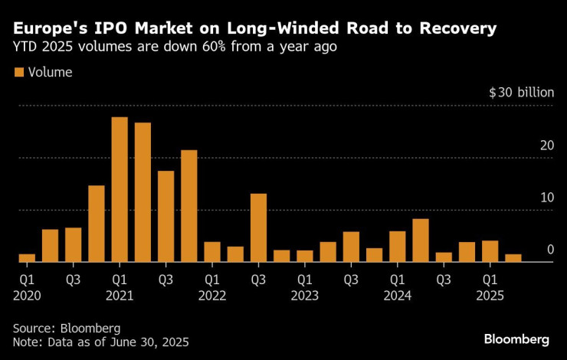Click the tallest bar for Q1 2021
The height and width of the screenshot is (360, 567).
point(120,189)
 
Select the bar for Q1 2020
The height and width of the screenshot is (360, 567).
point(27,257)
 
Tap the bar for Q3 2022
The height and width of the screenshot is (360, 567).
point(258,227)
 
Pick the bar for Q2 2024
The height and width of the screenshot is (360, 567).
point(421,241)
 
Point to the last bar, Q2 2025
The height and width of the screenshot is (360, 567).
point(513,258)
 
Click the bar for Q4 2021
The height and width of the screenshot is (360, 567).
point(188,205)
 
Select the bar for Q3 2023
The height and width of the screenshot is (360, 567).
point(351,247)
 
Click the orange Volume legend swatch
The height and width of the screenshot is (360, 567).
point(18,73)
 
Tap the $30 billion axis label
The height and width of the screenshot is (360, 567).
point(521,93)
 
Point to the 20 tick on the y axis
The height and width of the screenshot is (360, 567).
point(545,146)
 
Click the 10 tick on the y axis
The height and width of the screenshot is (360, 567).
point(545,198)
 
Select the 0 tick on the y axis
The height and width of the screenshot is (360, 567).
point(549,250)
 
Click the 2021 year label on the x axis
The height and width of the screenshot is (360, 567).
point(120,295)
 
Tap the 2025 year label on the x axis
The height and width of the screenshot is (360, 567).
point(490,295)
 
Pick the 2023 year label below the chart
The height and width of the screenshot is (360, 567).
point(304,295)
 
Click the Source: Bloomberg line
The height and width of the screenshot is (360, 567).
point(67,328)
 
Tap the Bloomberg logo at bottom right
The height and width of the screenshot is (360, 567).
point(516,339)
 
